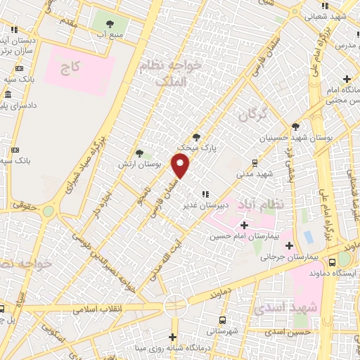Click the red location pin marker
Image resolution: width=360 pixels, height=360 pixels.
point(181,166)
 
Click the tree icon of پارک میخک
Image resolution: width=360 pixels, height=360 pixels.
point(196,138)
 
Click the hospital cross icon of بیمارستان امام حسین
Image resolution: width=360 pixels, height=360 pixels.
point(244,225)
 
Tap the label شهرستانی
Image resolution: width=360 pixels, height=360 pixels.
point(226,330)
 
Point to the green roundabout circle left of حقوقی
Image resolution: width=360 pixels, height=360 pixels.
point(49,210)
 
